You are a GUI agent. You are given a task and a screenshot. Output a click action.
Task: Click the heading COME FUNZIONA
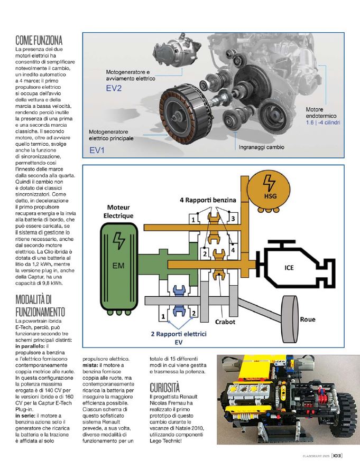39,40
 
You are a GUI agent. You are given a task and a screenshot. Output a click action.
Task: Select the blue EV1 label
98,151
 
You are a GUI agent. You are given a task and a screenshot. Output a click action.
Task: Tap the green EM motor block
119,259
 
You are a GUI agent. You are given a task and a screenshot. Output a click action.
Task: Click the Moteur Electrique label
119,211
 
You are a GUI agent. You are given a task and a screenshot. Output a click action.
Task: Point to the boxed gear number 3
233,218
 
